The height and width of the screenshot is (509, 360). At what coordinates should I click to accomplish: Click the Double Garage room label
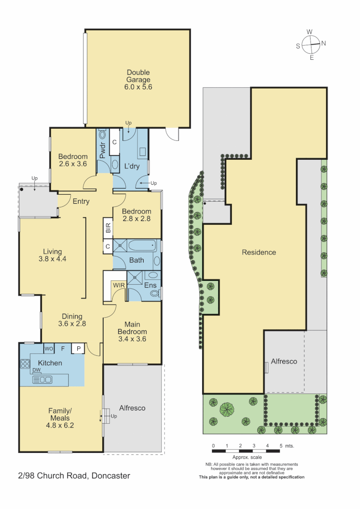click(138, 80)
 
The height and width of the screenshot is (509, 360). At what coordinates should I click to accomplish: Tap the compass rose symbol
click(311, 45)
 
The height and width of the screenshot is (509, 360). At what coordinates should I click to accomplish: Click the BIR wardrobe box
click(108, 229)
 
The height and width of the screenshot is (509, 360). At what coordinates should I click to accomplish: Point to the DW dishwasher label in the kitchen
click(36, 370)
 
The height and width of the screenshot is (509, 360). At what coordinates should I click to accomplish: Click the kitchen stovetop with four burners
click(25, 364)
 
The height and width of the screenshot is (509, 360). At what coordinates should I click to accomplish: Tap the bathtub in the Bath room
click(142, 246)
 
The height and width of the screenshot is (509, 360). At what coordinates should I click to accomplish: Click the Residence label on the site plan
click(259, 253)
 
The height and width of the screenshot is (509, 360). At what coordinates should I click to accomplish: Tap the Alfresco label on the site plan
click(284, 361)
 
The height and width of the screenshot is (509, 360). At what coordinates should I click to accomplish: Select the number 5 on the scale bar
click(281, 445)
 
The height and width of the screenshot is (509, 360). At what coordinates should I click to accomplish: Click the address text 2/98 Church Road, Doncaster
click(74, 476)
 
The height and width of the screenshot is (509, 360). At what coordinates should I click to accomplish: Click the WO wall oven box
click(49, 349)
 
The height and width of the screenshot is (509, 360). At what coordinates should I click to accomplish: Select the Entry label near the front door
click(81, 202)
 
